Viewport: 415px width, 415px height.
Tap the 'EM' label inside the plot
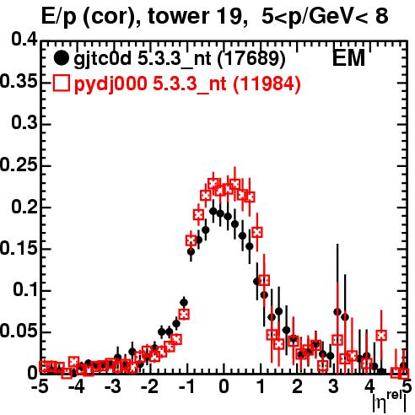pos(348,58)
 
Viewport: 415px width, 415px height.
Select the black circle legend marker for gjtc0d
pos(61,58)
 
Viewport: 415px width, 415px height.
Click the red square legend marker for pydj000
pos(61,84)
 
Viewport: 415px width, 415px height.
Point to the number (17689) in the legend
pos(251,58)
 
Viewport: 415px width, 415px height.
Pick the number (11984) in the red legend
pos(267,84)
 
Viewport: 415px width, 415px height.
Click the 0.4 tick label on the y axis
pos(24,40)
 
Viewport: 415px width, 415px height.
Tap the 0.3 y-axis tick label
pos(24,123)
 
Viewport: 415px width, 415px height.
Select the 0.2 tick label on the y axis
pos(24,207)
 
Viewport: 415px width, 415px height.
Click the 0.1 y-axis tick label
pos(25,289)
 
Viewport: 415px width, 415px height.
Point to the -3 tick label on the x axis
pos(113,386)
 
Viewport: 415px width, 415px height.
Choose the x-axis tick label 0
pos(224,386)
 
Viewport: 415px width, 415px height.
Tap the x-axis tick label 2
pos(297,386)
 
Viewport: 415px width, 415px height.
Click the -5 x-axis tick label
pos(40,386)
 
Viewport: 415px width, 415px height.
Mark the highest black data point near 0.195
pos(213,211)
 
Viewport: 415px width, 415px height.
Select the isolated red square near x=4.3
pos(381,335)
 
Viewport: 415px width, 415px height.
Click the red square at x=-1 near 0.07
pos(184,314)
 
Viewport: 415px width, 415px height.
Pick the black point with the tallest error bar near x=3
pos(337,311)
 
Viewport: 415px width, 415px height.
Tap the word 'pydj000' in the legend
pos(110,84)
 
